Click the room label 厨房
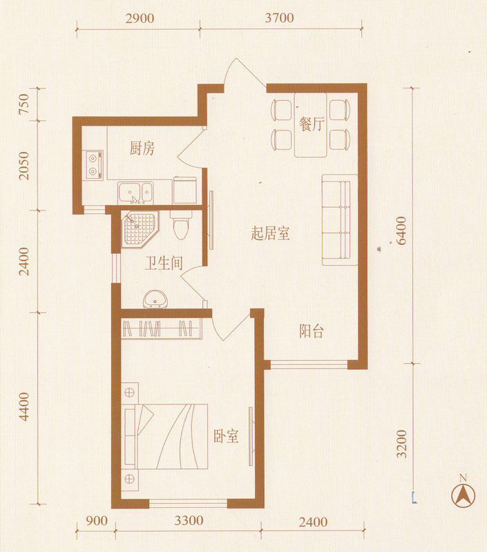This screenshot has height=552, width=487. coord(142,148)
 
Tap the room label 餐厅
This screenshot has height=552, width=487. coord(312,124)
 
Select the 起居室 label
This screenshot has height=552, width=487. coord(270,234)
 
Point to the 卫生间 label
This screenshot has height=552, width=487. coord(163,263)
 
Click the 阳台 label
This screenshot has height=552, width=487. coord(312,331)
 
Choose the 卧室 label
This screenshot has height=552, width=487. coord(226,436)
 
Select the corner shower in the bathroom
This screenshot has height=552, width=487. coord(140,231)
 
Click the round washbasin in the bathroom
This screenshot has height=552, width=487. coord(155,300)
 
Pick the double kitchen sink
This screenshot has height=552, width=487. coord(135,191)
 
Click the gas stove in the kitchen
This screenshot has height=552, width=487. coord(93,164)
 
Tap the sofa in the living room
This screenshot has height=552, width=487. coord(338,219)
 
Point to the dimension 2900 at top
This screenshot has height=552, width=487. coord(140,18)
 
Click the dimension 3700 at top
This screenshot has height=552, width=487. coord(280,18)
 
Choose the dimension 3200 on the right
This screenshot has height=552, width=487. coord(402,446)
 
